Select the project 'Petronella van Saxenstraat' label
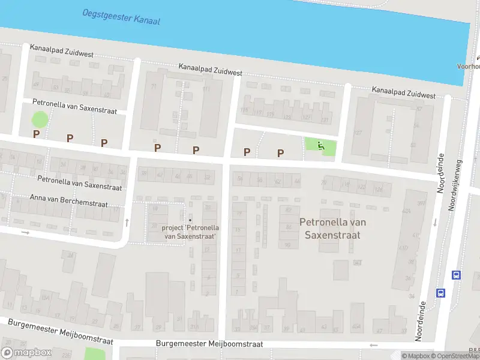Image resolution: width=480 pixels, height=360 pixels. coord(190,232)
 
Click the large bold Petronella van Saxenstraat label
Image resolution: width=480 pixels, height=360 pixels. coord(332,229)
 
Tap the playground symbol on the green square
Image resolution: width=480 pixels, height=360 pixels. coord(321,145)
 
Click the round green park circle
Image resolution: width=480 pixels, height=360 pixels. coord(40,119)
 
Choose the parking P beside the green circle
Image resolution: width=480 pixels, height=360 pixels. coord(36,134)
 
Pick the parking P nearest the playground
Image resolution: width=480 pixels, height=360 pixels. coord(280,153)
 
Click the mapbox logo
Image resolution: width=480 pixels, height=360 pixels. coord(26,352)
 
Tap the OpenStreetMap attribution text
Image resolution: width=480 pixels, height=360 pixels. coord(454,356)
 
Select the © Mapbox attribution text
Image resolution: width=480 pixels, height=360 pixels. coord(415,356)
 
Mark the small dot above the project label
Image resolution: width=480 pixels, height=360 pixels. coord(191,220)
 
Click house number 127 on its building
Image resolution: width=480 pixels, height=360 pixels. coord(358,133)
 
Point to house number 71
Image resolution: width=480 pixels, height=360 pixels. coord(153,87)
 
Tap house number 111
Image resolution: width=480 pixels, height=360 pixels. coord(207,90)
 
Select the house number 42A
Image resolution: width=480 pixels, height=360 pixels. coord(406,211)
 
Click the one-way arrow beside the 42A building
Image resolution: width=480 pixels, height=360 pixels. coord(434,223)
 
